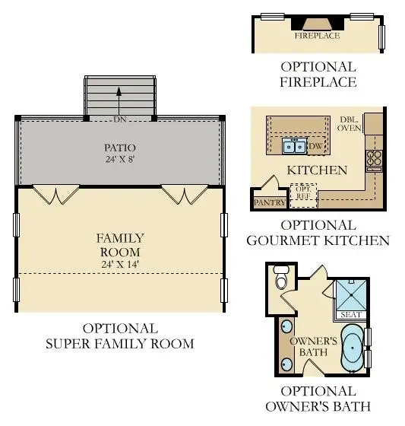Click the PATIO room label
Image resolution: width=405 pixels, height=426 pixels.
(120, 148)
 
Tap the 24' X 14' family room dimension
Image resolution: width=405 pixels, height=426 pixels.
(120, 264)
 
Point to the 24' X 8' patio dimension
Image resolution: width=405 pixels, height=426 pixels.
(120, 159)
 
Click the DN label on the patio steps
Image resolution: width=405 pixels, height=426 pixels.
(120, 119)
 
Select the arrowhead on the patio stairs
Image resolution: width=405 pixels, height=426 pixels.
(119, 91)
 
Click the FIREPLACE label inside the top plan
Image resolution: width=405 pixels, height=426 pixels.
(318, 36)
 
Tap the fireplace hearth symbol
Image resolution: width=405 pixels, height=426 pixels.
(318, 24)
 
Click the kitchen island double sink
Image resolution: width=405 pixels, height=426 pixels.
(294, 145)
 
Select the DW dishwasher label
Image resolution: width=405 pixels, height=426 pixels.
(315, 146)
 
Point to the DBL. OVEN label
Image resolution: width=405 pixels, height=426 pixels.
(350, 124)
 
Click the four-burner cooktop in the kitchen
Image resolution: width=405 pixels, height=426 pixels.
(375, 158)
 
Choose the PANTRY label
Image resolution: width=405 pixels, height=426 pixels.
(270, 202)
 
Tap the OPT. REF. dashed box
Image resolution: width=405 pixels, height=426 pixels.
(303, 196)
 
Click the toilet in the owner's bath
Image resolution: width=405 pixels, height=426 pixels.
(281, 278)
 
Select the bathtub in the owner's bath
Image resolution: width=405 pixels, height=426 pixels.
(353, 348)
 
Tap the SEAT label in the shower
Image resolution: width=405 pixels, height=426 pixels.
(351, 315)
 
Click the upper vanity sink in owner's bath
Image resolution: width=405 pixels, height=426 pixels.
(286, 326)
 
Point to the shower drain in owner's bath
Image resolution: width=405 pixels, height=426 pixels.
(351, 295)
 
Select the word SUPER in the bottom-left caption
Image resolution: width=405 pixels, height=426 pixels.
(68, 344)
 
